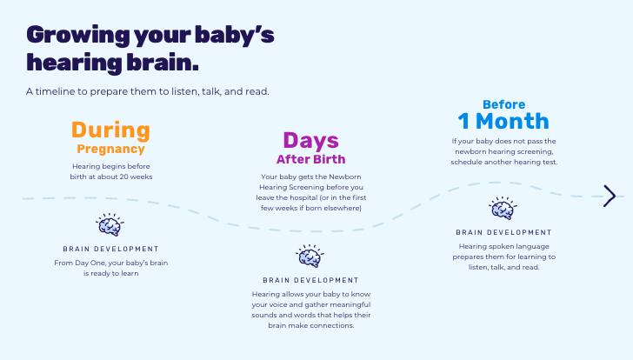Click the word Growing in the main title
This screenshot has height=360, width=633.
78,36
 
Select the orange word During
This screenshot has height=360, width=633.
110,130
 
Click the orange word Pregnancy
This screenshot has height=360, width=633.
110,150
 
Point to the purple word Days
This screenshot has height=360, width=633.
311,141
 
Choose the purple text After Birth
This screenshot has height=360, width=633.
311,159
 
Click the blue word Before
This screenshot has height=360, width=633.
503,104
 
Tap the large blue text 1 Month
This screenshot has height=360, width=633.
503,121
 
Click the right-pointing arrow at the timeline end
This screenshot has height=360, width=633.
610,197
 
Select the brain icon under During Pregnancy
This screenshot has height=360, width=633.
110,225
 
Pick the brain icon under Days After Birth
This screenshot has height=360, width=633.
310,256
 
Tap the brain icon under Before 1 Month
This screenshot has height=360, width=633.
503,208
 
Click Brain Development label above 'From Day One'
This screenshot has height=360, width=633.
111,249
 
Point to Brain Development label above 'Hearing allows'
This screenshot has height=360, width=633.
311,280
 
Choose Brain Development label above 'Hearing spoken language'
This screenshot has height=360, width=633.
503,232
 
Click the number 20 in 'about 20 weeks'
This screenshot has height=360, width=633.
124,177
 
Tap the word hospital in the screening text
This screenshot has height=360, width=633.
308,197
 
